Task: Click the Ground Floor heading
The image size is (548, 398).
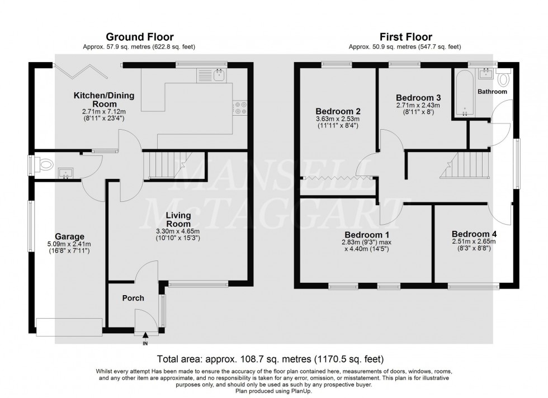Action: coord(139,37)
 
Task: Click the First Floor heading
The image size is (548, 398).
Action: coord(406,37)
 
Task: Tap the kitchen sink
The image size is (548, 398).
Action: coord(219,74)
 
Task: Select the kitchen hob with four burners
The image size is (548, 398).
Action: coord(240,108)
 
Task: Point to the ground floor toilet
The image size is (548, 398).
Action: coord(45,163)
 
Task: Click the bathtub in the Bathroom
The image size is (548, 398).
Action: coord(465,92)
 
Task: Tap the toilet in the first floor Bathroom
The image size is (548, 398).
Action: coord(503,78)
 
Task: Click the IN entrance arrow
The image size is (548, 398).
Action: coord(145,336)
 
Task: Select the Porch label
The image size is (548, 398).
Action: coord(133,298)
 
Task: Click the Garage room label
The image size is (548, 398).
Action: coord(69,236)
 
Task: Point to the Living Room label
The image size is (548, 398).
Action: coord(178,220)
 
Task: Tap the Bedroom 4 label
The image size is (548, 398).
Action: coord(474,234)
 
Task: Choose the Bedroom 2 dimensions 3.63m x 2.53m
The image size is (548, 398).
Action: coord(337,119)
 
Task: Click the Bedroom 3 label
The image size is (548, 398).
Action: coord(418,97)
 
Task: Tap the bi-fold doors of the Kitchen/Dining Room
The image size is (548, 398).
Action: coord(81,72)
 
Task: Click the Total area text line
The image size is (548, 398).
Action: coord(270,359)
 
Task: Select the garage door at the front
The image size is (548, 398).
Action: coord(69,327)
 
